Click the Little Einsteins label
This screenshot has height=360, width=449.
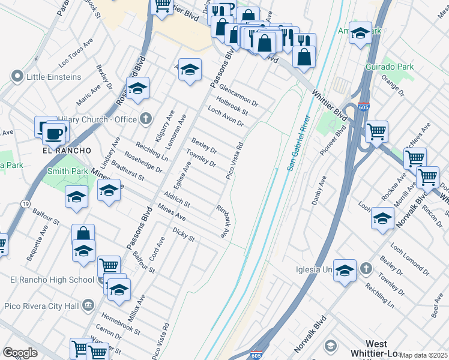click(53, 77)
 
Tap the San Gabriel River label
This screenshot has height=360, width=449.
click(299, 142)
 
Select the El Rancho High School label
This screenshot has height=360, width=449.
click(52, 280)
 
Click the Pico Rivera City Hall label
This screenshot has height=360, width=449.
click(42, 306)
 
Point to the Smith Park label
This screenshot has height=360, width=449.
click(67, 171)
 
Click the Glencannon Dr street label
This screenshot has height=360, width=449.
click(238, 95)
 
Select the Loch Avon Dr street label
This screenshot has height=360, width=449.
click(225, 116)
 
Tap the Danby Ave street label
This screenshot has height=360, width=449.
click(319, 190)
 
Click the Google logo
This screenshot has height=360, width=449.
click(20, 353)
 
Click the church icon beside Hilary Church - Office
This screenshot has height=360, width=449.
click(145, 118)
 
